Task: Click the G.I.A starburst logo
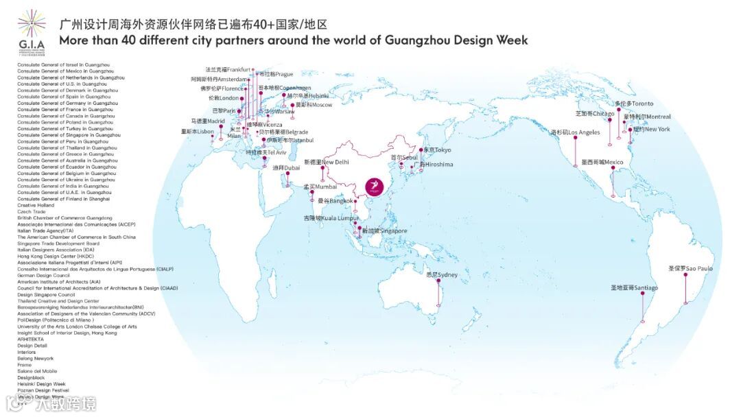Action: click(32, 23)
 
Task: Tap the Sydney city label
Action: click(441, 275)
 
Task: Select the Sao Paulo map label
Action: click(690, 268)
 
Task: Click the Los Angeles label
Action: click(575, 132)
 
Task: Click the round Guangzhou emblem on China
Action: click(375, 187)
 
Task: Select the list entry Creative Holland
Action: click(36, 205)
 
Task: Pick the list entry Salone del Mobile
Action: click(37, 371)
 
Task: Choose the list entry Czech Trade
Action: click(31, 211)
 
